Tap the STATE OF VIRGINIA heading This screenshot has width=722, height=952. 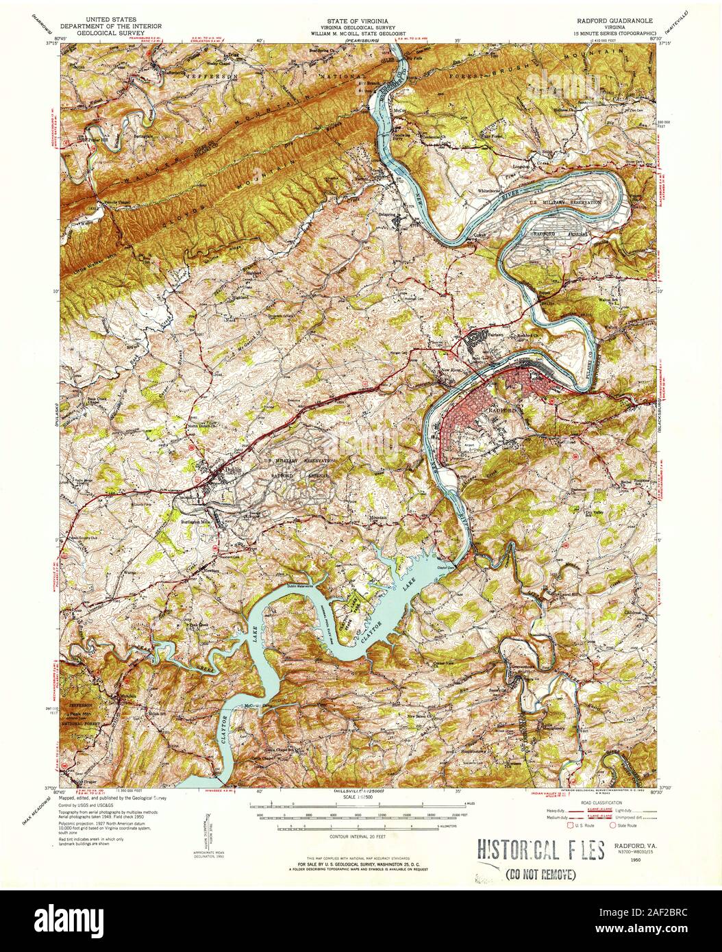coord(360,21)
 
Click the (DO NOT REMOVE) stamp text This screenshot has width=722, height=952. coord(540,874)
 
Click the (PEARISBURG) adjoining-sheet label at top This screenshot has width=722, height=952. coord(361,42)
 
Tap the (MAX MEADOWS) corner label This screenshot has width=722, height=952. coord(27,805)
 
